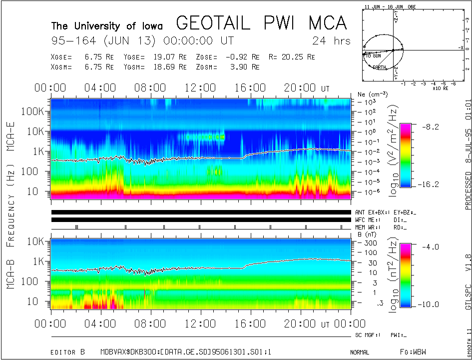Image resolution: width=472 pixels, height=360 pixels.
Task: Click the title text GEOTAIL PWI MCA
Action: click(x=262, y=23)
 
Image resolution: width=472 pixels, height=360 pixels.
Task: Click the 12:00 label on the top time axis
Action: click(x=201, y=88)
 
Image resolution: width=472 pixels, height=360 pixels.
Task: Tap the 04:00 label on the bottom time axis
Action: click(x=101, y=323)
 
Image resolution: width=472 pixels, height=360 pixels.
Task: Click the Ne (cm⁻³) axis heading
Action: click(x=369, y=94)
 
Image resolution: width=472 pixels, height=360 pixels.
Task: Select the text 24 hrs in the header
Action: click(x=331, y=40)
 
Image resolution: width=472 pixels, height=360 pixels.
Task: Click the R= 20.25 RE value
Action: click(x=291, y=56)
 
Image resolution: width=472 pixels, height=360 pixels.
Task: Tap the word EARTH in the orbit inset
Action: click(x=379, y=66)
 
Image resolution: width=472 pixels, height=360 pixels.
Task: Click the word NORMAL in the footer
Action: click(x=360, y=352)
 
